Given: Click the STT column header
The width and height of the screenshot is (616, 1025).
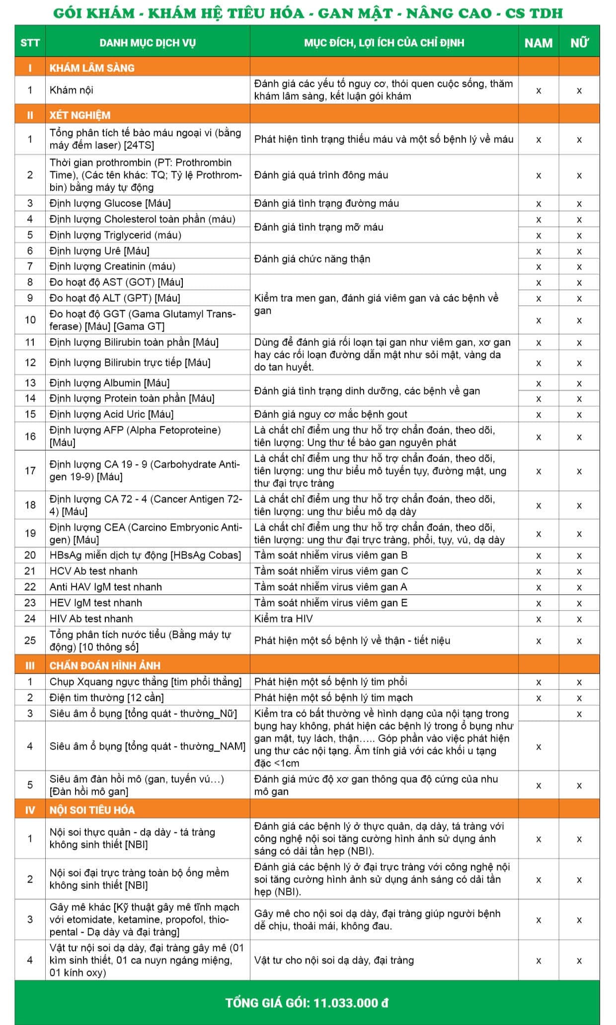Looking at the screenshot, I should [30, 42].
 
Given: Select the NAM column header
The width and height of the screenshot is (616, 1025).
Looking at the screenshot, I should [538, 43].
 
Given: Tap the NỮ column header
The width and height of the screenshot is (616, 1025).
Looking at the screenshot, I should [579, 43].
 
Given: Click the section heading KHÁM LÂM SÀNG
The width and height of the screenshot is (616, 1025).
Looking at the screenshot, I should [92, 68].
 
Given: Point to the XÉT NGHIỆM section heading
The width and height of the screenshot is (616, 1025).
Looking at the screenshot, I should [79, 115].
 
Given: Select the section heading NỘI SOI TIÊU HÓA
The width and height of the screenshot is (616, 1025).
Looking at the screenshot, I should [92, 810].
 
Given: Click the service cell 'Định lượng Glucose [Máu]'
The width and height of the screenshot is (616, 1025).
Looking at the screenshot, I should [110, 203].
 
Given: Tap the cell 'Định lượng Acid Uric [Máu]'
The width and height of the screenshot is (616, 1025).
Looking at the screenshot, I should [111, 414].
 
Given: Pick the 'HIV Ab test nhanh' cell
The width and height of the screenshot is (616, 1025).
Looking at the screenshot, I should [91, 618].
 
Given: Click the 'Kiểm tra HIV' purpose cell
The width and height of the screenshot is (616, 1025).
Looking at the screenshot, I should [283, 618].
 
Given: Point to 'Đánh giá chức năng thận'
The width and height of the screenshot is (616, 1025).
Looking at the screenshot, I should [312, 259].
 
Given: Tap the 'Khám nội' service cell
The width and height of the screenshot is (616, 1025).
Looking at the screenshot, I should [71, 90].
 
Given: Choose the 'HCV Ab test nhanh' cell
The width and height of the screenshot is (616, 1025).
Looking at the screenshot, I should [93, 571].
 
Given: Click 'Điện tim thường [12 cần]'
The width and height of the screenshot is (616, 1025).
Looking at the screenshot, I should [106, 697].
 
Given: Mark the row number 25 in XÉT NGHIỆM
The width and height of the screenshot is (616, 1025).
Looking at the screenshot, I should [30, 640].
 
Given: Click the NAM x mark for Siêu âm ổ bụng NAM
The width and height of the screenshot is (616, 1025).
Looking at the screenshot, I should [538, 747].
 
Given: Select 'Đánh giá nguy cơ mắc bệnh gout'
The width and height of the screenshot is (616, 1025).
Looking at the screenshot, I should [330, 414].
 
